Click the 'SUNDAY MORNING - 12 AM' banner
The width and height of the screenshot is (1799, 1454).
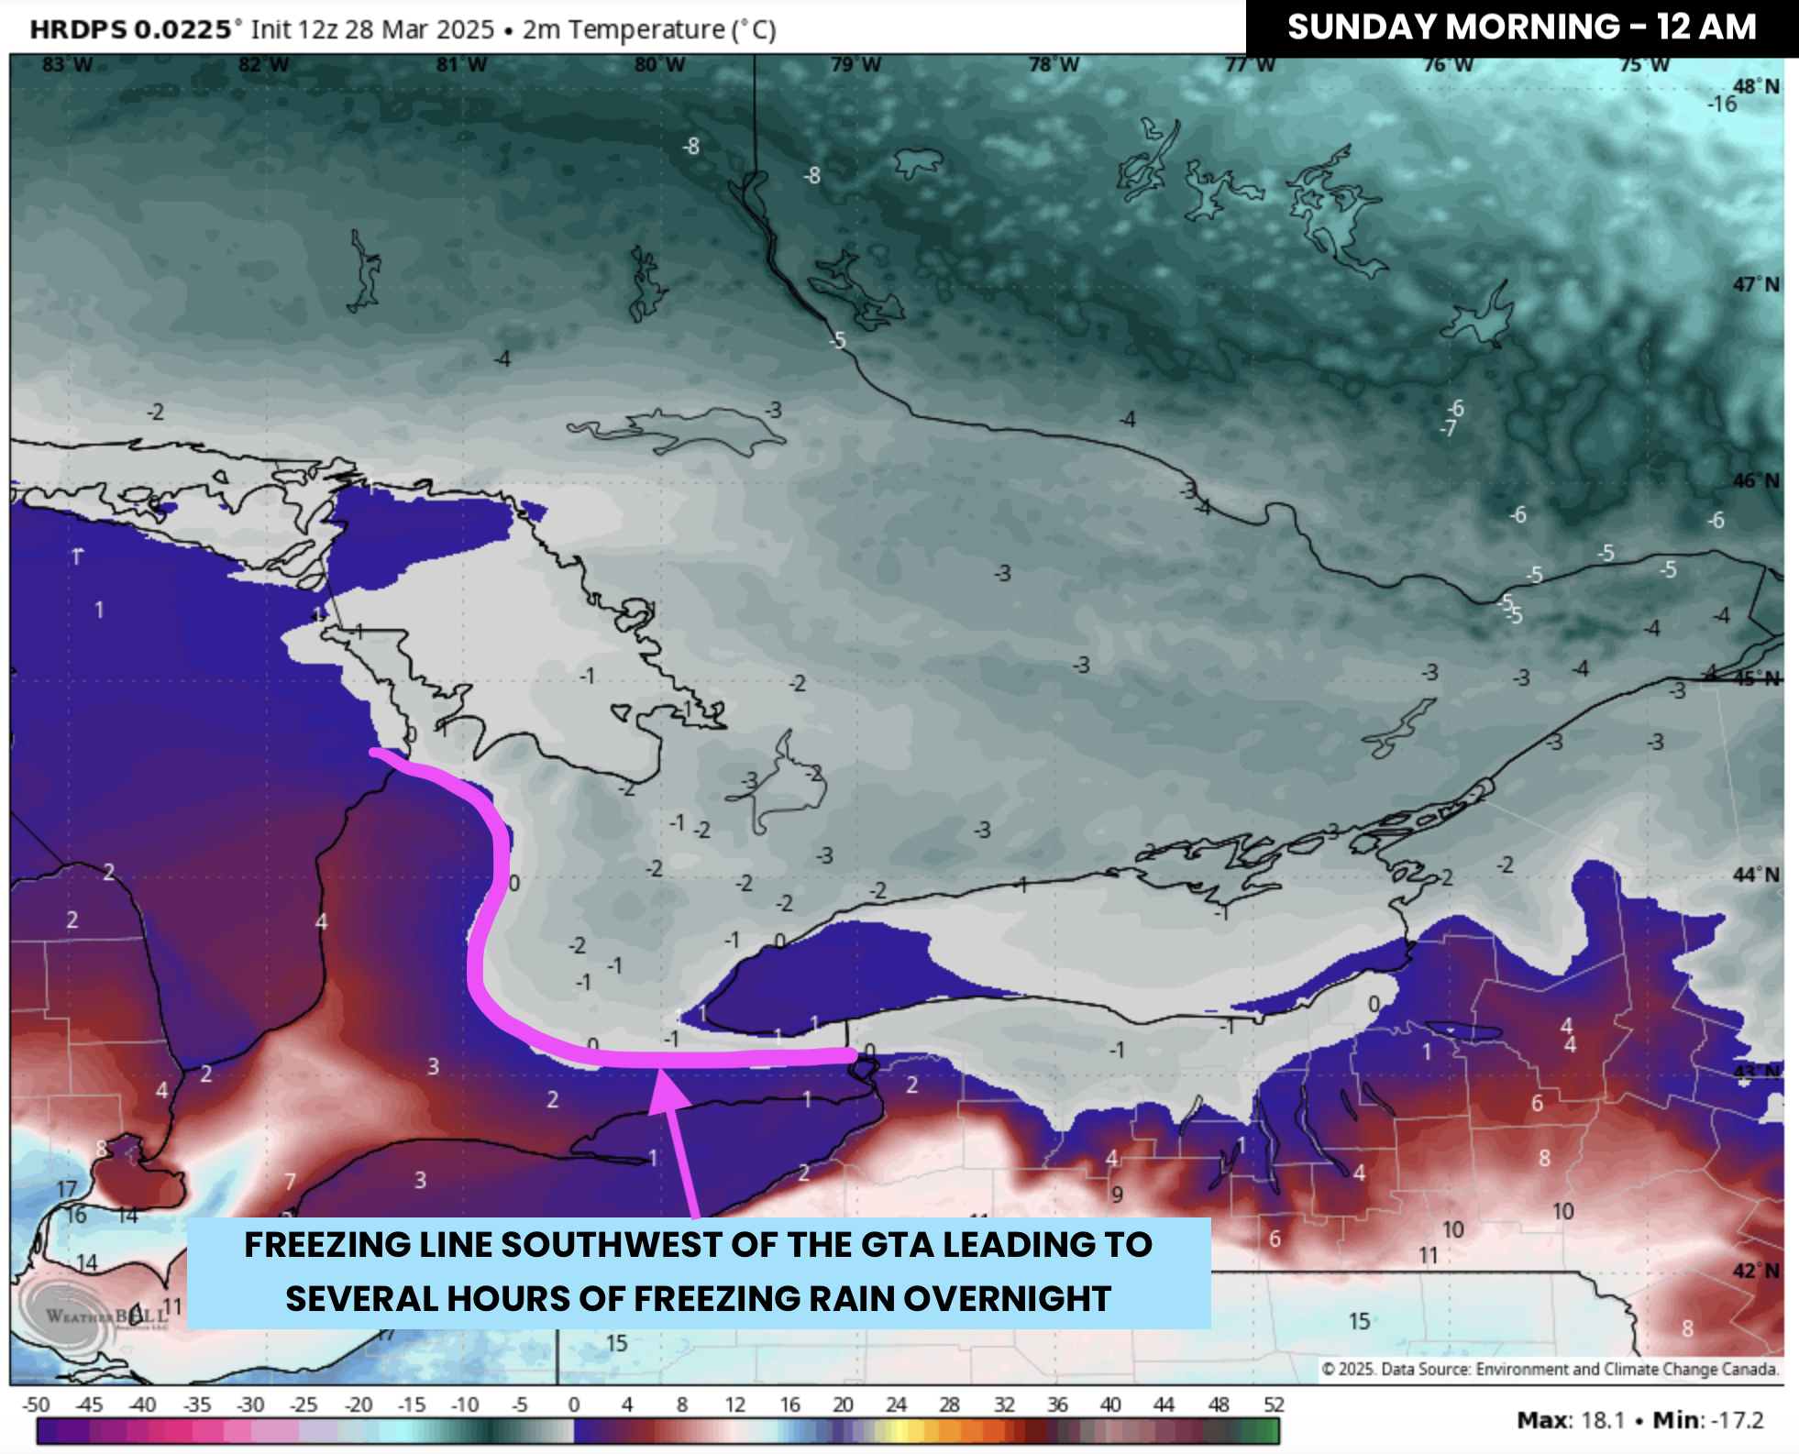coord(1521,27)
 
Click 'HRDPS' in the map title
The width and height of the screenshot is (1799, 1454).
coord(78,29)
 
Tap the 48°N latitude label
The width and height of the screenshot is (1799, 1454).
coord(1755,86)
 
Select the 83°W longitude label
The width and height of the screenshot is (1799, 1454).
coord(67,65)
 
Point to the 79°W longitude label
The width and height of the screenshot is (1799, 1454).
coord(855,65)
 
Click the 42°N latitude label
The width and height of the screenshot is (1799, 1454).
coord(1755,1271)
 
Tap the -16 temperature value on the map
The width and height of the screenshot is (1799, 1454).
coord(1721,105)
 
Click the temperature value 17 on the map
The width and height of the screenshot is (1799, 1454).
coord(66,1189)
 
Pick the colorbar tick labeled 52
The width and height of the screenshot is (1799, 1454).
coord(1273,1404)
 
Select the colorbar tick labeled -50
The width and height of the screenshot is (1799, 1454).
coord(36,1404)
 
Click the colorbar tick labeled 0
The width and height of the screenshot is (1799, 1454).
coord(573,1404)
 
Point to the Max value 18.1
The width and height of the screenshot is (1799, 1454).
coord(1600,1420)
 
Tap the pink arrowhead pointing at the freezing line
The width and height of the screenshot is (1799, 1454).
coord(668,1093)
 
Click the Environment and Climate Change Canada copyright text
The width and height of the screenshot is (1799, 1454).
coord(1550,1369)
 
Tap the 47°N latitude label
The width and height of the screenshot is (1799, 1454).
coord(1755,284)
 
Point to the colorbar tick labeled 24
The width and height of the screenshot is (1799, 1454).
coord(896,1404)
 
